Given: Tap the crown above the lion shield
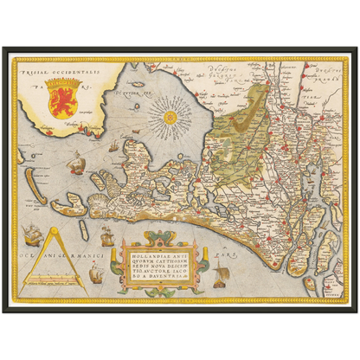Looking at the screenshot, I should pos(63,76).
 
